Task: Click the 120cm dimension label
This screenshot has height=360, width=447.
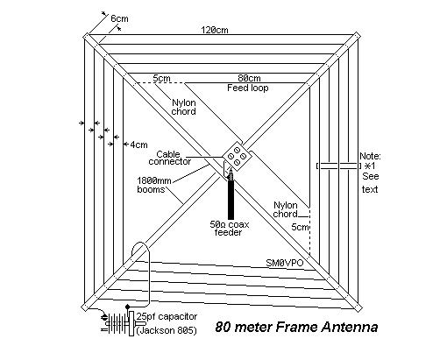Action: [x=215, y=30]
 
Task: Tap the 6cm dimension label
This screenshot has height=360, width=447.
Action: [x=119, y=18]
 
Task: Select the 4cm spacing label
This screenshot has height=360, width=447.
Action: [x=139, y=145]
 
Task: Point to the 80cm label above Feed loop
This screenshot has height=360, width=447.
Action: [x=249, y=78]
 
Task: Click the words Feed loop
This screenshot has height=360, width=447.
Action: [x=248, y=88]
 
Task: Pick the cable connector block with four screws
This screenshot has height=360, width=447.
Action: [x=237, y=156]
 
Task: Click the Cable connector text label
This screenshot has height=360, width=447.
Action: [x=169, y=158]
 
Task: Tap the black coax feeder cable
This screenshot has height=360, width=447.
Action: [x=231, y=195]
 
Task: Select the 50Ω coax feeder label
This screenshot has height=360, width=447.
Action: [x=230, y=229]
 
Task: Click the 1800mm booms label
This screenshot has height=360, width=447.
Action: [x=154, y=185]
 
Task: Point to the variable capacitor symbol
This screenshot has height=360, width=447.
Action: [x=119, y=322]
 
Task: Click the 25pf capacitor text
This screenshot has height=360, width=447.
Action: [x=167, y=316]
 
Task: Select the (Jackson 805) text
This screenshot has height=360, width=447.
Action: [x=167, y=330]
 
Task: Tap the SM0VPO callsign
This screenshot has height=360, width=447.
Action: [x=285, y=263]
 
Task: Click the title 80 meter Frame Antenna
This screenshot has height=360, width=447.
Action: [x=296, y=327]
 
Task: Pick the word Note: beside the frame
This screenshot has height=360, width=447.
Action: [x=370, y=156]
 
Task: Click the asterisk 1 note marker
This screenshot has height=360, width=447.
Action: [x=371, y=166]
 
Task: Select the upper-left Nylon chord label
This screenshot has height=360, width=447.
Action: [x=183, y=107]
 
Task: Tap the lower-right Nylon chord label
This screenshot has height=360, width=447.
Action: [x=285, y=209]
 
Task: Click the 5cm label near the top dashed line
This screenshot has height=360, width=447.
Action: [x=161, y=78]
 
